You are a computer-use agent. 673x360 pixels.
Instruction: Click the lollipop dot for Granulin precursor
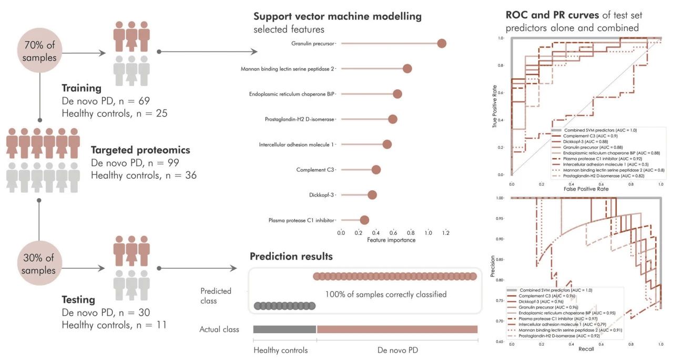point(442,44)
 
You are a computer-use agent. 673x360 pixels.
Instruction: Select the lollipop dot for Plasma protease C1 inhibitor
point(364,220)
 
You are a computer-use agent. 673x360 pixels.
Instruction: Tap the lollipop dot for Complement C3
point(376,170)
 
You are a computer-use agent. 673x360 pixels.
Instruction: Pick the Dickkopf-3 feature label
point(322,195)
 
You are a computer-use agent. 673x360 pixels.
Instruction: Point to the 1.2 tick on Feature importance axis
point(446,232)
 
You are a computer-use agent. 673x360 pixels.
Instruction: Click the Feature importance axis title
point(391,240)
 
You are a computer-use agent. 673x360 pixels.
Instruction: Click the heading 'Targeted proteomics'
point(140,150)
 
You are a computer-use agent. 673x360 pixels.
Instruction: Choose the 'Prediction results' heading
point(291,257)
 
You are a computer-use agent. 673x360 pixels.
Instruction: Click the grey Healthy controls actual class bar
point(284,329)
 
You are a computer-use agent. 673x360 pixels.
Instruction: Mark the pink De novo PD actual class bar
point(397,329)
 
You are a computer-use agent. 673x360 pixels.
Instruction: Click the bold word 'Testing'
point(78,300)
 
